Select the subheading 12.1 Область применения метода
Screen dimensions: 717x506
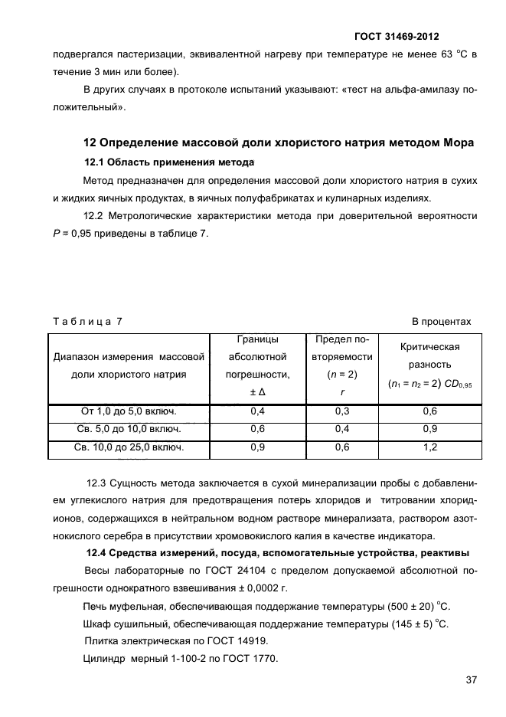click(x=168, y=162)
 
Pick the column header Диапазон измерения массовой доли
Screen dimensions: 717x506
click(x=129, y=365)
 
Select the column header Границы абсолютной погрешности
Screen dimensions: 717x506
click(x=257, y=365)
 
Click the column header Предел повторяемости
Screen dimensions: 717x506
click(x=341, y=365)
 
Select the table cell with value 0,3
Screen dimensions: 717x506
click(x=341, y=412)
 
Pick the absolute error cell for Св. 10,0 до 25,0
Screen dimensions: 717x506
click(x=257, y=447)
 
